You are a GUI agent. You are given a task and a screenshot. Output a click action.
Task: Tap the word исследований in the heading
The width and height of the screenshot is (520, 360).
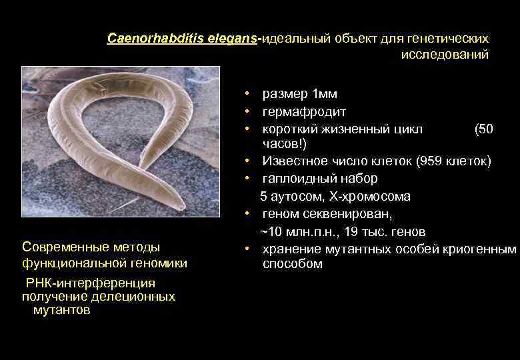click(x=445, y=55)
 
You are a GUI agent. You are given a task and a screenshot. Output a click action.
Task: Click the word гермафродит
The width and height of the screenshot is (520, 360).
click(x=304, y=111)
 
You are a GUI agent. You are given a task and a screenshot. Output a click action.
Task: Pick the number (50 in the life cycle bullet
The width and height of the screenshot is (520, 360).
click(x=483, y=129)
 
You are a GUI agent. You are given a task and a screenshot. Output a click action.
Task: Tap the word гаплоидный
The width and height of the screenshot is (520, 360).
click(x=296, y=179)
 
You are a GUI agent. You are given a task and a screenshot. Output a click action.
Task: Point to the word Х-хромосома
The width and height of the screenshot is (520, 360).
click(x=373, y=196)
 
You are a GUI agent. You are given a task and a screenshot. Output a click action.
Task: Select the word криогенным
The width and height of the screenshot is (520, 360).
click(x=486, y=249)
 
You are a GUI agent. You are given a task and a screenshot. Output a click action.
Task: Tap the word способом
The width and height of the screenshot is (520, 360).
click(x=292, y=264)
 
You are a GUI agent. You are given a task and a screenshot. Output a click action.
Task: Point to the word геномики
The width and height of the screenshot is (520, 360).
click(x=158, y=263)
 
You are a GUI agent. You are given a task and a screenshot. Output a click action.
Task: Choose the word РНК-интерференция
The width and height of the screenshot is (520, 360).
click(x=90, y=283)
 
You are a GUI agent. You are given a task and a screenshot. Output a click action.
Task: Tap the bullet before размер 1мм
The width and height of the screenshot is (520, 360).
click(x=247, y=94)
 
